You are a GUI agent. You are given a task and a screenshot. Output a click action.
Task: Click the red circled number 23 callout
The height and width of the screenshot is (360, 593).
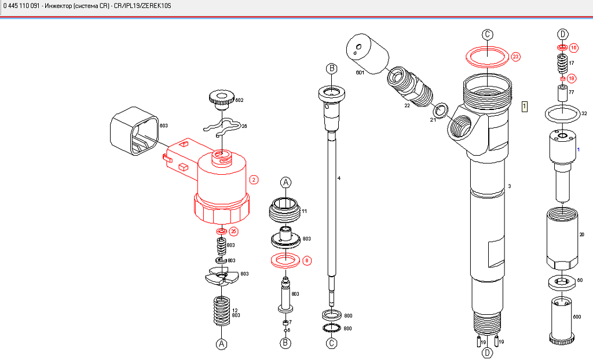click(x=515, y=57)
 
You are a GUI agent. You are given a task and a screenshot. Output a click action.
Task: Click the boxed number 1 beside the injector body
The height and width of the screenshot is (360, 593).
click(x=525, y=106)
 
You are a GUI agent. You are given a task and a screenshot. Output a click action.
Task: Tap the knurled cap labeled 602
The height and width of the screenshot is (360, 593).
click(x=221, y=98)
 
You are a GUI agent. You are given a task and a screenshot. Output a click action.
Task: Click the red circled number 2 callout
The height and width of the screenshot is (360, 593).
click(x=254, y=180)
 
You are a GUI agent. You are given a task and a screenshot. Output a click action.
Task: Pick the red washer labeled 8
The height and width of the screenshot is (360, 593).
click(x=284, y=260)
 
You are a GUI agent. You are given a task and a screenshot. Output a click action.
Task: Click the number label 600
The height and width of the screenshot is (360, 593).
click(x=577, y=317)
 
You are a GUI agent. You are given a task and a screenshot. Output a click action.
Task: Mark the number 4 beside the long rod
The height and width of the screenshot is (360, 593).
click(x=339, y=178)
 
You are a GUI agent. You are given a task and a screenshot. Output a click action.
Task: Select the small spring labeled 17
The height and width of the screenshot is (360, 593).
click(x=561, y=63)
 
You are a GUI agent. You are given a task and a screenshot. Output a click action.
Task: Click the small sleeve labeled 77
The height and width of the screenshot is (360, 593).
click(x=561, y=93)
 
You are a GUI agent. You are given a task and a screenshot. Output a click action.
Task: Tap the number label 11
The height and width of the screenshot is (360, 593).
click(x=304, y=211)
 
